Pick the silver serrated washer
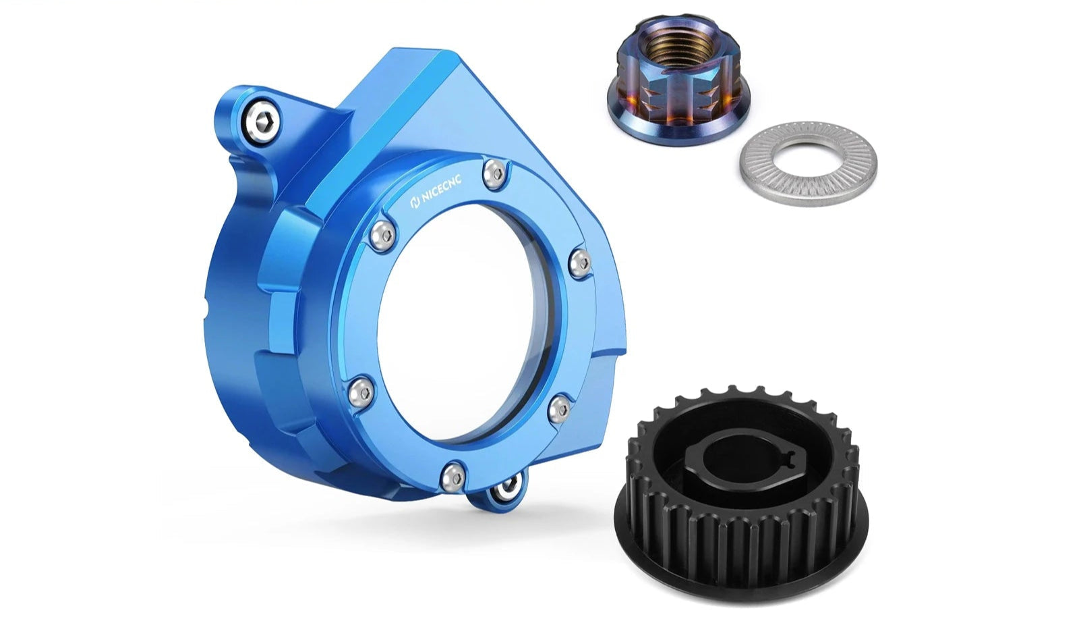click(x=809, y=163)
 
